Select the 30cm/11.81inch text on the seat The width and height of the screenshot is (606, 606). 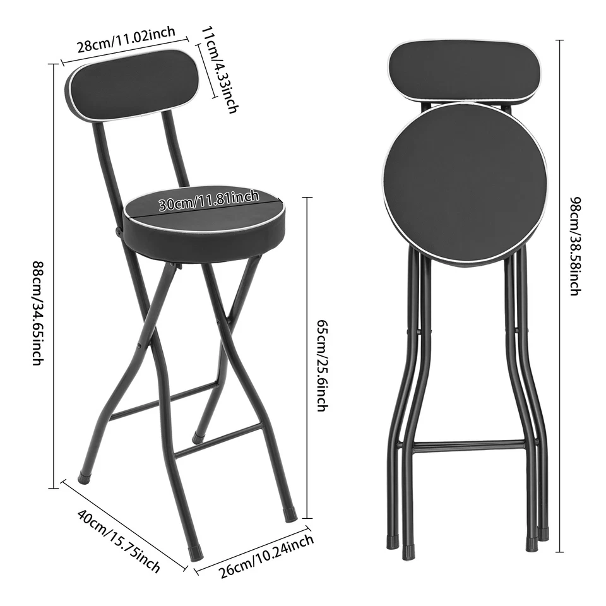(208, 201)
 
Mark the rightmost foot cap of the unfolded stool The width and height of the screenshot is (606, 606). (290, 514)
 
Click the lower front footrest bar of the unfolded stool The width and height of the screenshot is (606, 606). (218, 441)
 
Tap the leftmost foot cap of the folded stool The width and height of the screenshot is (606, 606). (391, 540)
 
